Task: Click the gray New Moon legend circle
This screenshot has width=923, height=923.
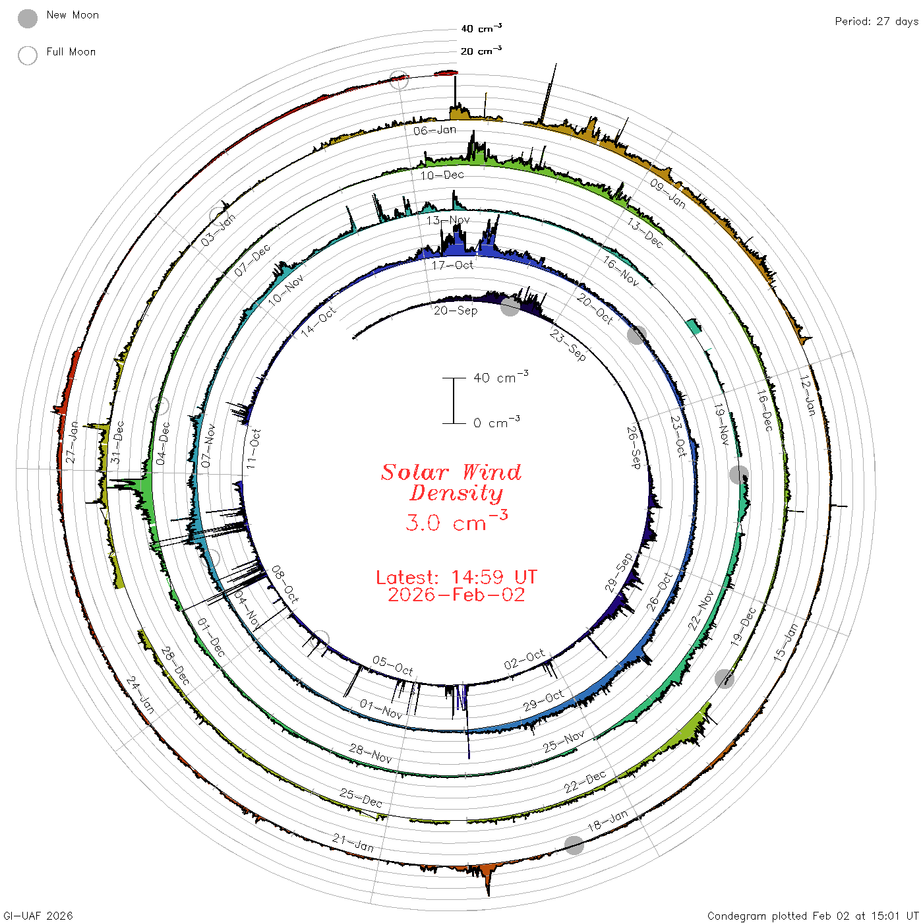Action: (x=28, y=18)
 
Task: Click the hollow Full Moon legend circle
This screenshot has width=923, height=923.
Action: (x=28, y=55)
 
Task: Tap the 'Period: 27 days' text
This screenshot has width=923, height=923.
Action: (x=876, y=22)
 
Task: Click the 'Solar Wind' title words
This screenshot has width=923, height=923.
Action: (x=451, y=472)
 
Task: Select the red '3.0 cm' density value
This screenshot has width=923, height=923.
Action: (x=456, y=521)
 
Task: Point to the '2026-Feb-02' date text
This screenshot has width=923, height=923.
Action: (x=456, y=595)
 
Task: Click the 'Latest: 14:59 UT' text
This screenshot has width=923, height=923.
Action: (x=456, y=577)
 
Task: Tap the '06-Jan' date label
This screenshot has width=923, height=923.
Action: (x=435, y=131)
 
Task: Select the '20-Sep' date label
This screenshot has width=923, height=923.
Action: (x=456, y=311)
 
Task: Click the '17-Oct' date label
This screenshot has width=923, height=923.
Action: (x=452, y=265)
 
